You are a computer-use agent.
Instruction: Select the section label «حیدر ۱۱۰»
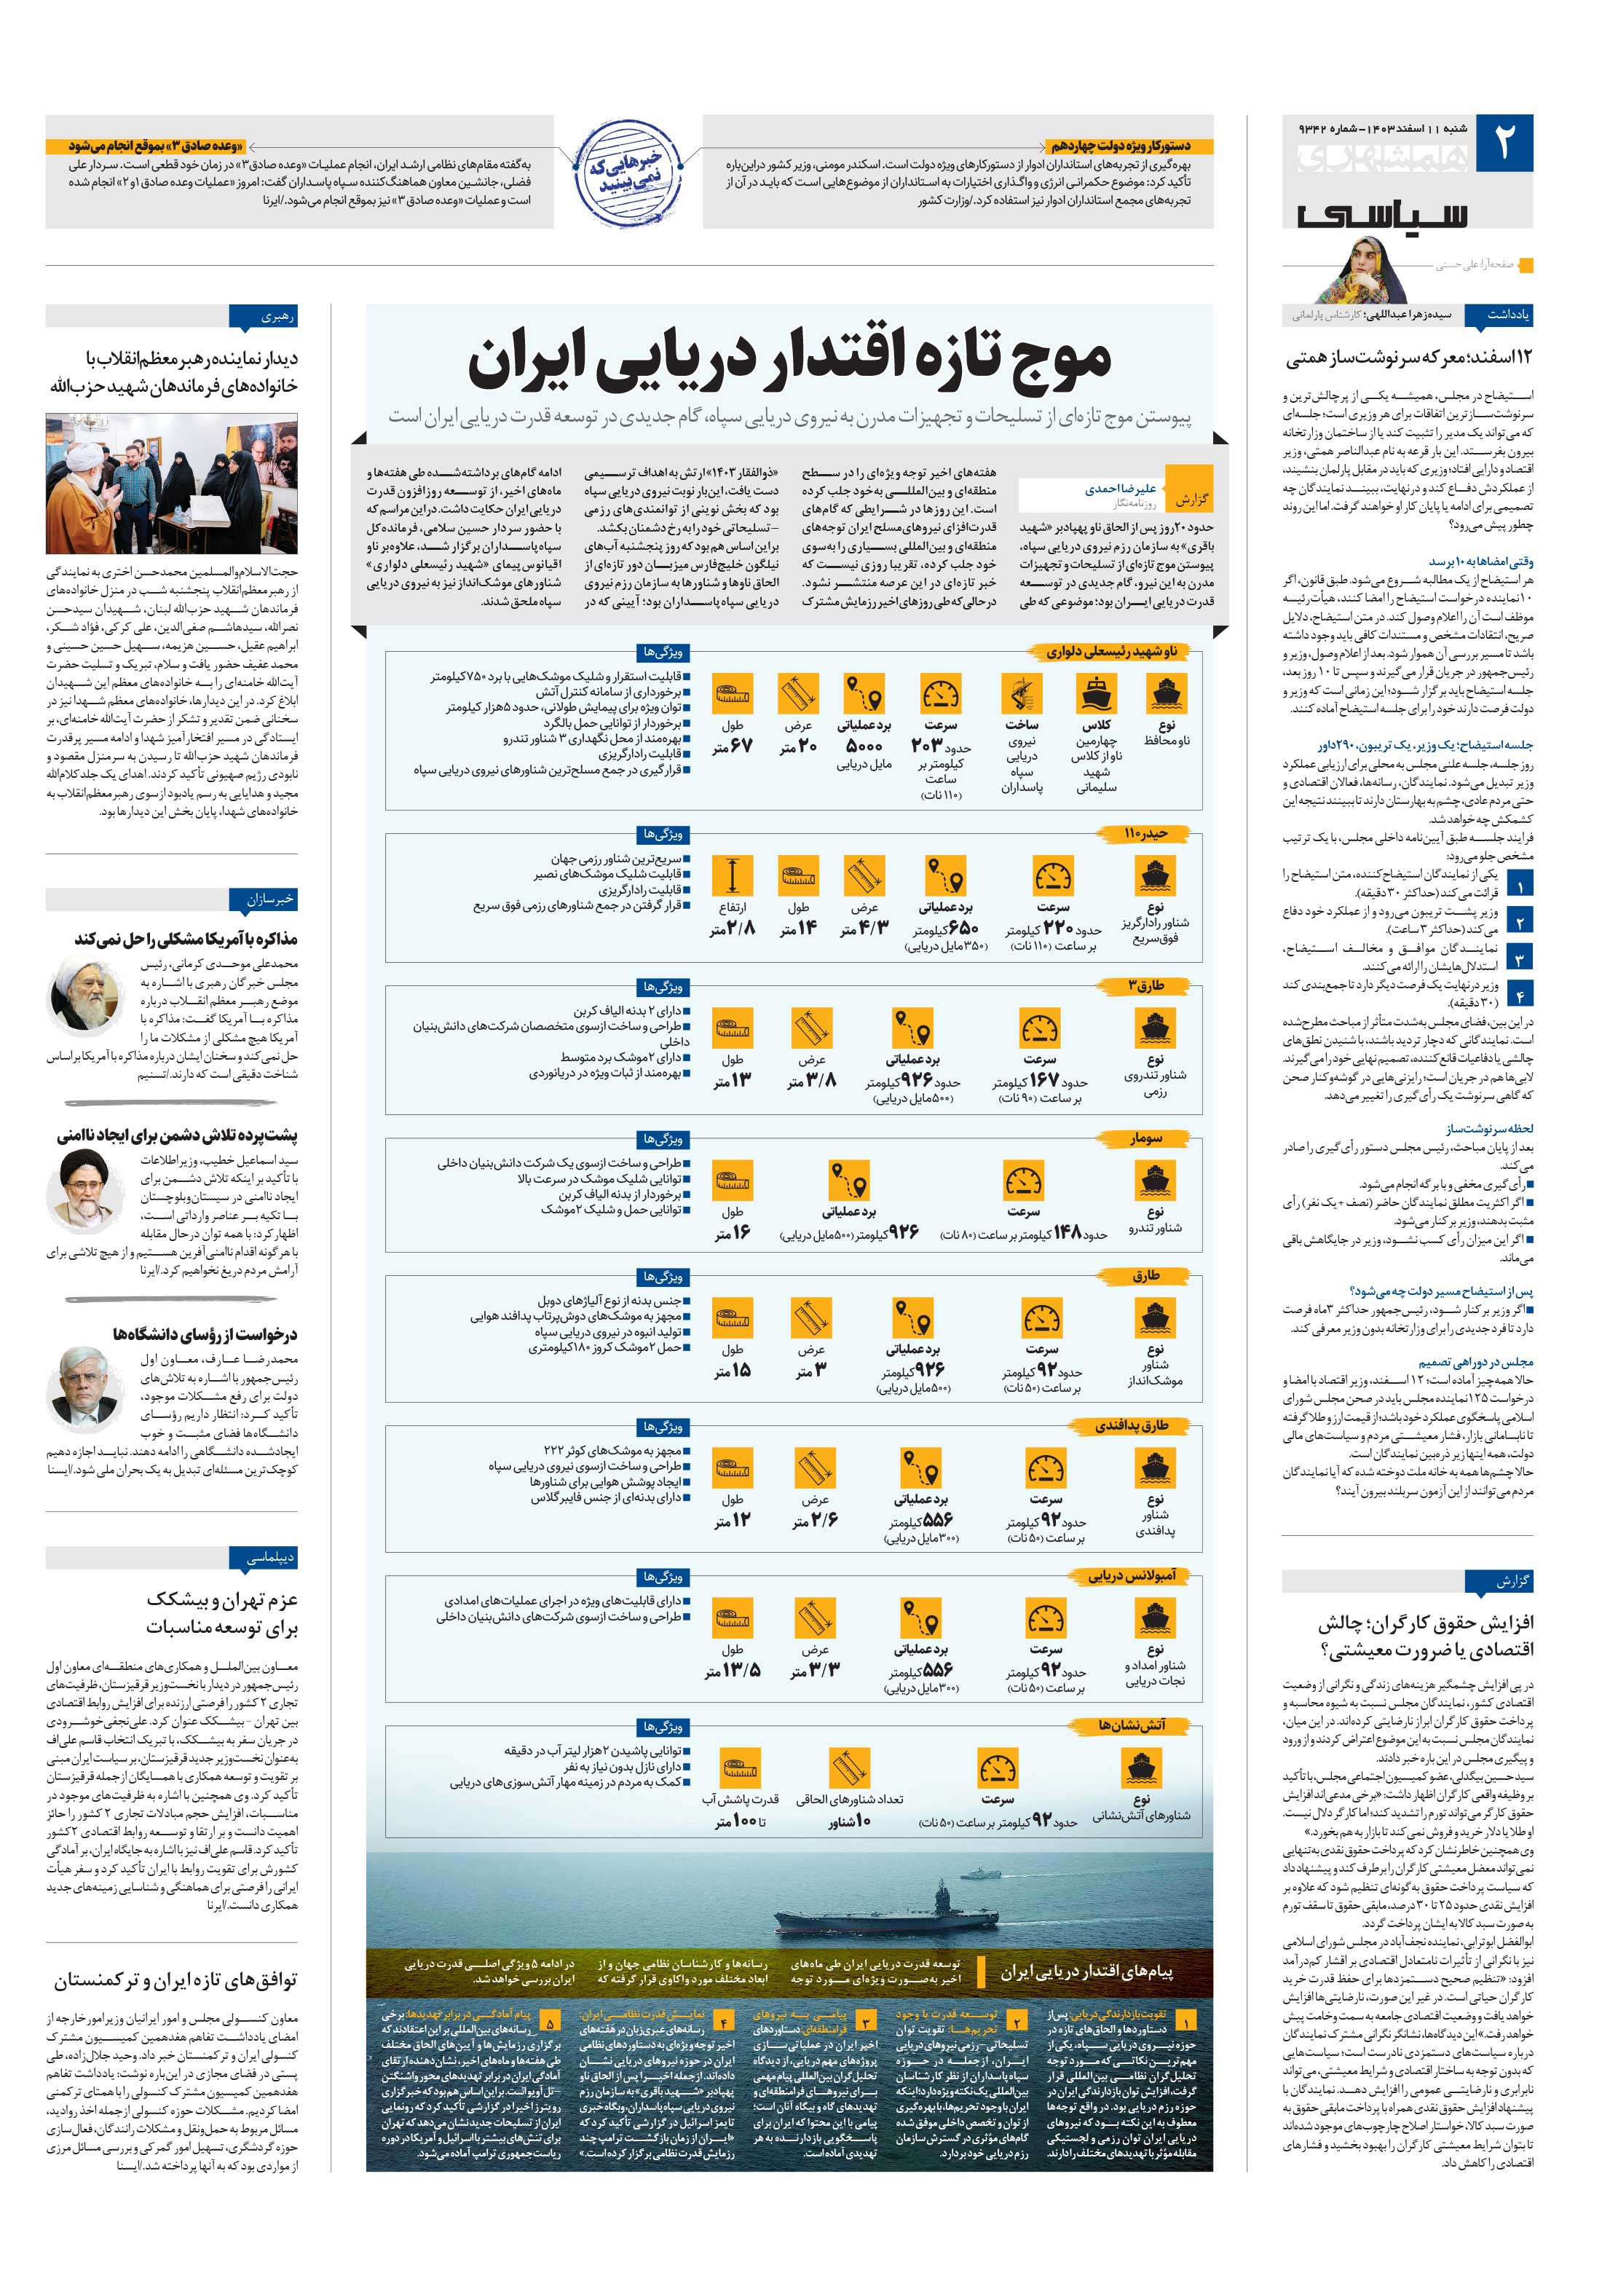click(x=1145, y=833)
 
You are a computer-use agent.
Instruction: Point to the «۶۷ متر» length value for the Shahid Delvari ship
click(x=733, y=746)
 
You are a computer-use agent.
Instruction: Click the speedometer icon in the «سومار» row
click(x=1024, y=1181)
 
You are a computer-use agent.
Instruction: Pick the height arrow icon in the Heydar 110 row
click(x=733, y=875)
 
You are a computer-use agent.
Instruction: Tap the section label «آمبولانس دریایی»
click(x=1132, y=1575)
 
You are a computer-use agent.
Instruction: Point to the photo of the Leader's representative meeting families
click(x=171, y=484)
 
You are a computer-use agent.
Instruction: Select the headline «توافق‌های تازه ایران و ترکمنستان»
click(x=175, y=1979)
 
